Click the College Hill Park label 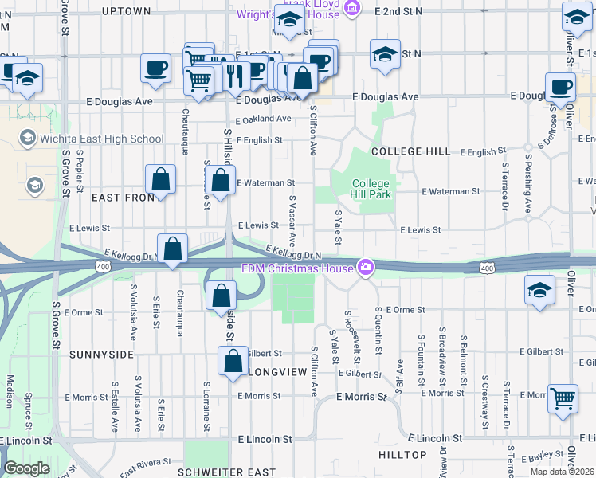click(372, 190)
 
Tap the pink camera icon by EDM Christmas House click(367, 266)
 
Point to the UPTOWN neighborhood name click(126, 11)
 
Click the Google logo click(26, 469)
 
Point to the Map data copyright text click(561, 472)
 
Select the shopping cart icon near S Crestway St click(563, 397)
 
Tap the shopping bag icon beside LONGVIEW click(232, 359)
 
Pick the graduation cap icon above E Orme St click(539, 290)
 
